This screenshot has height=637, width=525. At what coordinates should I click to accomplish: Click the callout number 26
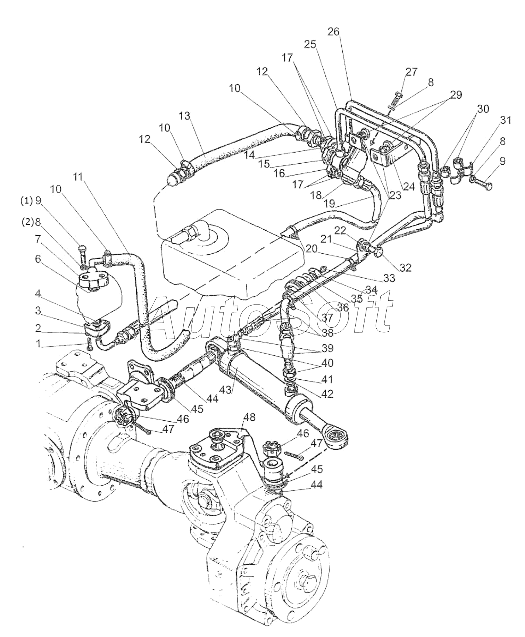333,32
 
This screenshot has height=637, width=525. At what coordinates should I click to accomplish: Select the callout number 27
411,72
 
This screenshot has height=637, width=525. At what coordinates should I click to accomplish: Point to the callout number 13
184,116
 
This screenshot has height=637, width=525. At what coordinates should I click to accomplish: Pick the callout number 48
250,417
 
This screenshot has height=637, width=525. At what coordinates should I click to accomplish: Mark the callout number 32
405,268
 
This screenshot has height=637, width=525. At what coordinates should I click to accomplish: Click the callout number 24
409,187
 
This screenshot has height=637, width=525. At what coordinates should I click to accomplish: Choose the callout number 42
327,394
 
